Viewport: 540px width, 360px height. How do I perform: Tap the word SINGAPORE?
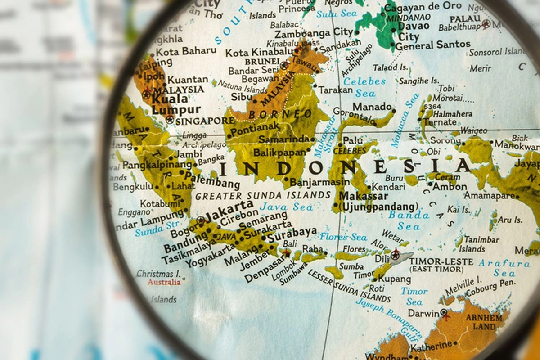(x=205, y=121)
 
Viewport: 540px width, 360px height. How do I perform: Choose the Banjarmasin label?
(x=319, y=182)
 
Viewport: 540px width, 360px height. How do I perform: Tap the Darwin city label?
(x=423, y=313)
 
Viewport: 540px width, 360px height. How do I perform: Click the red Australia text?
(x=164, y=282)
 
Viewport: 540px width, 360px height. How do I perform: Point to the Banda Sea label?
(x=409, y=220)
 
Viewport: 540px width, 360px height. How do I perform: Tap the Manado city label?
(x=372, y=107)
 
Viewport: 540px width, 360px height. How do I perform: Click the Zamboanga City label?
(x=314, y=33)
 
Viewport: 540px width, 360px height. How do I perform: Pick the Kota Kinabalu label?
(x=259, y=53)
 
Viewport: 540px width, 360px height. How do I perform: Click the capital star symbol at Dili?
(x=396, y=254)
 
